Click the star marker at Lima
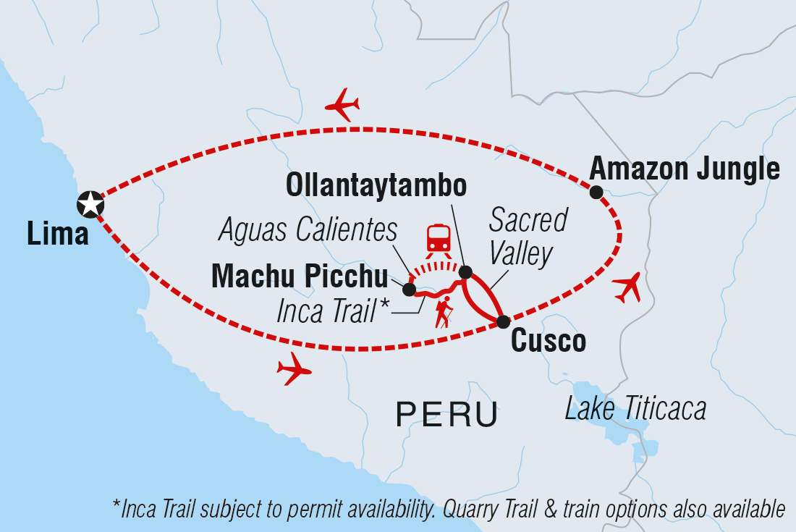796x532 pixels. coord(90,204)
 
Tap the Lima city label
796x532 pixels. coord(57,234)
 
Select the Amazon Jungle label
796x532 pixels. coord(685,169)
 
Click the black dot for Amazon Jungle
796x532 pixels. coord(596,192)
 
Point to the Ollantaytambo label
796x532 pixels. coord(376,185)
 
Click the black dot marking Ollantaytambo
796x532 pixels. coord(466,272)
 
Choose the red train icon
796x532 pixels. coord(439,238)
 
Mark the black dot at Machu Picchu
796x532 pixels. coord(409,290)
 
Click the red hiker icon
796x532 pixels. coord(444,312)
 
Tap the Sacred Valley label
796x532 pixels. coord(527,236)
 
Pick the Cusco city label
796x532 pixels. coord(549,341)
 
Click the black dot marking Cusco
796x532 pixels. coord(502,321)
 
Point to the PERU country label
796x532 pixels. coord(446,415)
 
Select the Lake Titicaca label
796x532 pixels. coord(635,410)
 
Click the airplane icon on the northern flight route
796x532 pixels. coord(342,105)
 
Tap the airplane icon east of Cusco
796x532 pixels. coord(627,287)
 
